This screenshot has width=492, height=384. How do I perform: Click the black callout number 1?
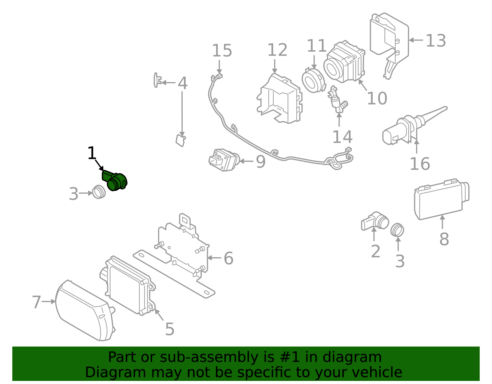(92, 153)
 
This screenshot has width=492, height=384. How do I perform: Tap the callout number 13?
(436, 41)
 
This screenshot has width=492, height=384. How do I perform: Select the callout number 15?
(222, 51)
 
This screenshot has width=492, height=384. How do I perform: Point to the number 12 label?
(277, 50)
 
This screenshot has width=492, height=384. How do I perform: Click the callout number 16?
(420, 164)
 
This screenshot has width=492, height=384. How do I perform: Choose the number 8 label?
(444, 239)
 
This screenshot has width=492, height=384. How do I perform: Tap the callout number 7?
(36, 302)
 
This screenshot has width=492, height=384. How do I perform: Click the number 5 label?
(169, 329)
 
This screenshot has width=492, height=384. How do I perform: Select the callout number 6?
(228, 258)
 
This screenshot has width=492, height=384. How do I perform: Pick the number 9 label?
(260, 162)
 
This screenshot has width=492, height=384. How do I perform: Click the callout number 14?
(342, 137)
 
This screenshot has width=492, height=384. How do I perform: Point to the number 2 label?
(375, 251)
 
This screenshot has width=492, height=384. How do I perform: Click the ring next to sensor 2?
(397, 230)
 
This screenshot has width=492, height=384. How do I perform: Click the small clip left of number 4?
(157, 80)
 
